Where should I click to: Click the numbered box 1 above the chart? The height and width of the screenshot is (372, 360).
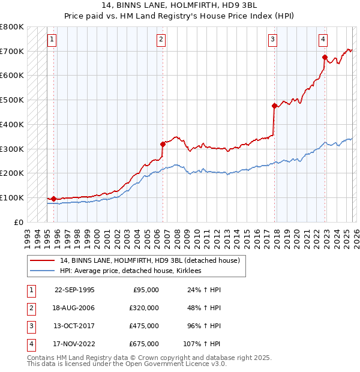click(52, 40)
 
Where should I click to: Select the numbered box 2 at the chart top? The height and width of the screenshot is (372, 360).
click(161, 40)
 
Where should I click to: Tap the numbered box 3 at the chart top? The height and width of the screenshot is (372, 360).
click(272, 40)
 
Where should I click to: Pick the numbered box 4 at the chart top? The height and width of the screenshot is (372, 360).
click(323, 40)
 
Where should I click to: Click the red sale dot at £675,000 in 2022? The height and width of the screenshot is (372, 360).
click(325, 58)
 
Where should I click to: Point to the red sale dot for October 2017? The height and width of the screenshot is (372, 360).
click(274, 106)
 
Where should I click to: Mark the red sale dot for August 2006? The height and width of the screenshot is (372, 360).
click(163, 144)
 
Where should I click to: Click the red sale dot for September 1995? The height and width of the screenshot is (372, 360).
click(54, 199)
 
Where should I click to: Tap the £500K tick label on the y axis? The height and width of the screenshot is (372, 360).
click(12, 100)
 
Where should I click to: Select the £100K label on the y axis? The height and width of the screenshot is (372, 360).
click(12, 197)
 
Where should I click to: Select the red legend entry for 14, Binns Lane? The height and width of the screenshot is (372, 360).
click(149, 260)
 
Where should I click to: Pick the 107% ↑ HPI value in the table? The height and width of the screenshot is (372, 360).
click(202, 344)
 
